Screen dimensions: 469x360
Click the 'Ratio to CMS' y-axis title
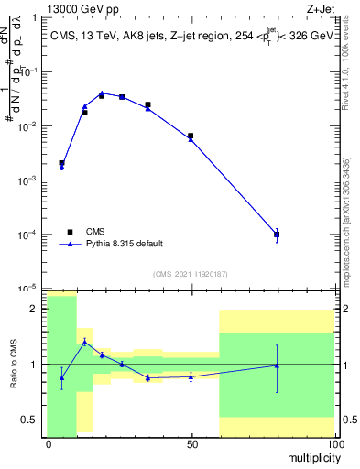(14, 365)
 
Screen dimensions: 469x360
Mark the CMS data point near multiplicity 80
(277, 234)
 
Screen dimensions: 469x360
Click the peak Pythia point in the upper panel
(103, 93)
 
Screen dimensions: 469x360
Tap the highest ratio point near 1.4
(85, 342)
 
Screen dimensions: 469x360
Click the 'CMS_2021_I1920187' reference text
(190, 274)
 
